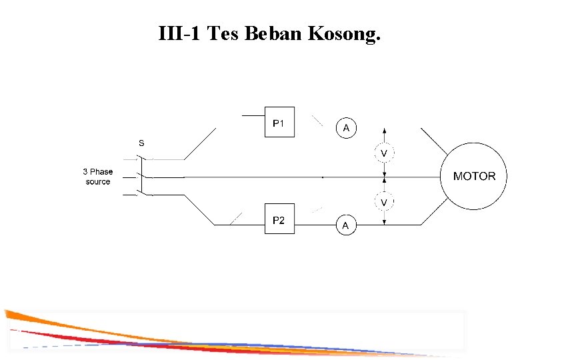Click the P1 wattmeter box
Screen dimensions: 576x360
[279, 122]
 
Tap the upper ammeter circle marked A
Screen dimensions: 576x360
[345, 127]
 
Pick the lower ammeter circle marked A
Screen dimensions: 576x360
[345, 225]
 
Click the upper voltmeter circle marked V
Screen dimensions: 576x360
[384, 153]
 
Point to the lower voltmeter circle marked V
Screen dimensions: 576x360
[384, 201]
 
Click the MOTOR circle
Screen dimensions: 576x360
[474, 177]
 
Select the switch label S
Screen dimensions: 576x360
[141, 143]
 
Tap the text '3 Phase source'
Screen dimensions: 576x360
[98, 177]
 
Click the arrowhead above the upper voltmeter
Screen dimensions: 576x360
[384, 131]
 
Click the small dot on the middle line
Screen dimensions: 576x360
[323, 177]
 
